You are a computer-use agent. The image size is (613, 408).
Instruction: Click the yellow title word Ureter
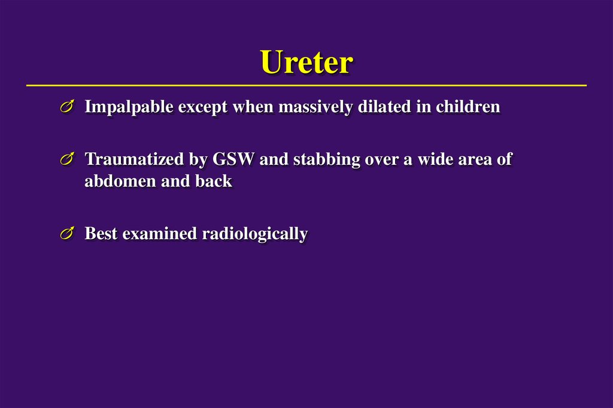pyautogui.click(x=306, y=62)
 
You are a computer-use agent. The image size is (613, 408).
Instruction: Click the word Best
pyautogui.click(x=101, y=234)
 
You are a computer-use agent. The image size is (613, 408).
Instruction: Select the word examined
pyautogui.click(x=160, y=234)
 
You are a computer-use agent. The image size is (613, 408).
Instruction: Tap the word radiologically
pyautogui.click(x=255, y=234)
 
